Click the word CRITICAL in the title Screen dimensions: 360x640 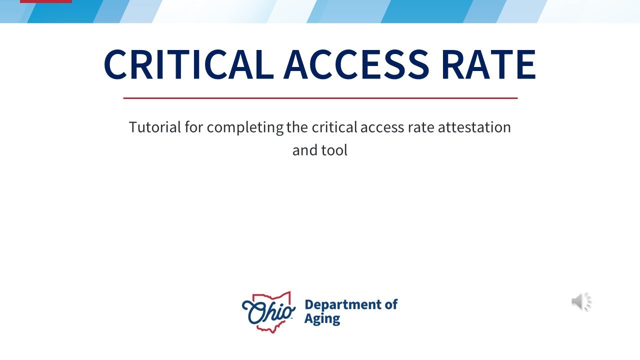(188, 64)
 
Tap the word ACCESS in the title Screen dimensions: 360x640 (356, 64)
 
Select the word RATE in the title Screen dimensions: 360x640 (488, 64)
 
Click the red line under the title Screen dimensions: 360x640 (320, 98)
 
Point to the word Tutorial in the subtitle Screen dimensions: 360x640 (154, 127)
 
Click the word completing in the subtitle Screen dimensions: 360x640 (245, 127)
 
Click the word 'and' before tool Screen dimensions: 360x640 (304, 150)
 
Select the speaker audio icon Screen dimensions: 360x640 (581, 302)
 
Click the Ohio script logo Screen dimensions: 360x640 (268, 311)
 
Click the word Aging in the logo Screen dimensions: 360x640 (322, 318)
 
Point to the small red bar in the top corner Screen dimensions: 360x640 (46, 1)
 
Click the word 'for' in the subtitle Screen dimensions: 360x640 (193, 127)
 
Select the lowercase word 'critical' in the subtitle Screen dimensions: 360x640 (334, 127)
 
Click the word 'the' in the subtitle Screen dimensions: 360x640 (298, 127)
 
